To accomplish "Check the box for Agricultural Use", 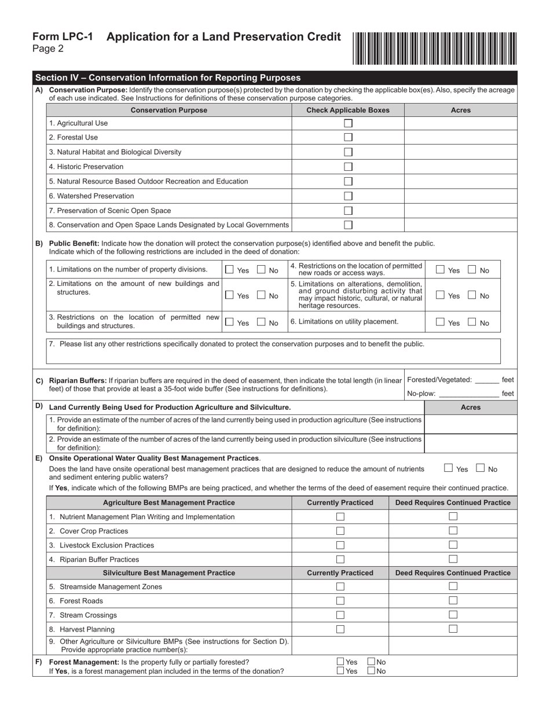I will [x=348, y=123].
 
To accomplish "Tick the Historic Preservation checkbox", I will [x=348, y=167].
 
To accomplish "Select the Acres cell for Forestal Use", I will [x=460, y=138].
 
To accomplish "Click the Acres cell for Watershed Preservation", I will [x=460, y=196].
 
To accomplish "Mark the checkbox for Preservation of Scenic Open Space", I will [x=348, y=211].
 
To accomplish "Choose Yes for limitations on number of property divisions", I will [x=230, y=270].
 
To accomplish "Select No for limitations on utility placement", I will [x=472, y=322].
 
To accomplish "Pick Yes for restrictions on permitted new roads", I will [x=441, y=270].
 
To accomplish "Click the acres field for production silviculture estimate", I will [x=470, y=443].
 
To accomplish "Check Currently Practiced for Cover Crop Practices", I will [x=340, y=531].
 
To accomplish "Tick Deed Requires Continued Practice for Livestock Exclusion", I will [x=453, y=545].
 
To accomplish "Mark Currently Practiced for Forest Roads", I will [x=340, y=601].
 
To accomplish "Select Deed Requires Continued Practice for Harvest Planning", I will [x=453, y=629].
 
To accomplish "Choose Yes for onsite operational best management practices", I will [x=448, y=468].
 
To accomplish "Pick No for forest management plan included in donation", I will [x=371, y=671].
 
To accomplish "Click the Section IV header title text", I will [x=168, y=78].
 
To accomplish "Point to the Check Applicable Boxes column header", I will [x=347, y=110].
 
